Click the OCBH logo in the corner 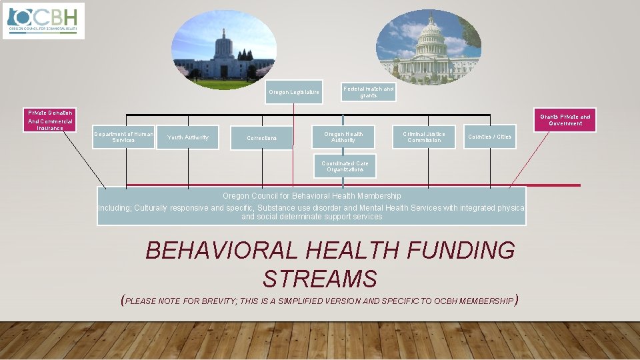click(x=44, y=21)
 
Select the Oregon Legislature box click(x=293, y=92)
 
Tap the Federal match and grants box click(x=369, y=91)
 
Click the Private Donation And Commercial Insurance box click(x=50, y=120)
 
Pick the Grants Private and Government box click(x=565, y=120)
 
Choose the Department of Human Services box click(x=123, y=137)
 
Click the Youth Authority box click(x=187, y=137)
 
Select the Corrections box click(x=261, y=138)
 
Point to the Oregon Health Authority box click(x=344, y=137)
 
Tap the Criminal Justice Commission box click(x=423, y=137)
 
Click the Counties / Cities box click(x=489, y=137)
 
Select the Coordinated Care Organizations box click(x=345, y=167)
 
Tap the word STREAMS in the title click(x=320, y=278)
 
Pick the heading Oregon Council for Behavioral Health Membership click(x=311, y=196)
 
